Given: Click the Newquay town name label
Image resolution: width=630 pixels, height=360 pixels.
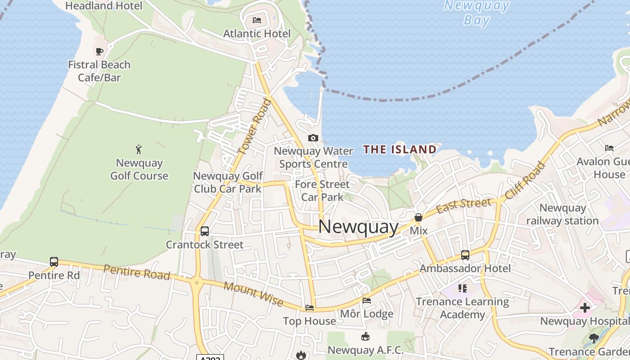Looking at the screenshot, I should [x=358, y=226].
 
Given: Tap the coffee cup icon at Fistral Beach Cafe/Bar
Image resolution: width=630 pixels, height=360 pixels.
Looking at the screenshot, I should [x=99, y=51].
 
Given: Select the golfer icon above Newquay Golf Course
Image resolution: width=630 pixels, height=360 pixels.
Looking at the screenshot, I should [x=139, y=149].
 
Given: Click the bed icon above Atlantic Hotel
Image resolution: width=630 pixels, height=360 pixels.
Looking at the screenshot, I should [x=257, y=20].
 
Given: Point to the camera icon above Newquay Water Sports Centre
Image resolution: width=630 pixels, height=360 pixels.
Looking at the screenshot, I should [x=313, y=138].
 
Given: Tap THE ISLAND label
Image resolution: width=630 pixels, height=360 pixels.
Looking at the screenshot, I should [x=400, y=149].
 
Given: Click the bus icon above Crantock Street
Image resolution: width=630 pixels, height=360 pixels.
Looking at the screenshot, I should [x=205, y=231].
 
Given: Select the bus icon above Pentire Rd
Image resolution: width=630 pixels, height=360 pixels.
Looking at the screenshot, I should [x=54, y=262].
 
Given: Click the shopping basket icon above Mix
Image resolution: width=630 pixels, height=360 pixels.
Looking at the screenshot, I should [x=418, y=217].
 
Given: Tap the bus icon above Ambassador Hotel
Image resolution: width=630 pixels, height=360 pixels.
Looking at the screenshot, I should [x=465, y=255].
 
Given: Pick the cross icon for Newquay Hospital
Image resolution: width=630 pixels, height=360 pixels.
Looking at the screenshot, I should [x=585, y=308].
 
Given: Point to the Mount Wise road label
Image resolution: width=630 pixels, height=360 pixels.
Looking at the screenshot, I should [x=253, y=294].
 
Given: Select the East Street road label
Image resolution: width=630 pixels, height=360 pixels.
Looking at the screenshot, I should [x=463, y=205].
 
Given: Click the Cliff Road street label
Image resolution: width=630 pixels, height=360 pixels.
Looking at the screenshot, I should [x=525, y=181].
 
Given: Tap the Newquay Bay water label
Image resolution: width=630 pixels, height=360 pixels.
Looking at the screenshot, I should [x=477, y=13].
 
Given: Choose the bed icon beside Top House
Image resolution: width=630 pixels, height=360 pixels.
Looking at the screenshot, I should [x=310, y=308].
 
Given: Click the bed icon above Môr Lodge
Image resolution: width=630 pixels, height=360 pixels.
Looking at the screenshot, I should [x=367, y=301].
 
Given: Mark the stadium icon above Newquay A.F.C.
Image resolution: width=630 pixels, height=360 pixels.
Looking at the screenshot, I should [x=365, y=337].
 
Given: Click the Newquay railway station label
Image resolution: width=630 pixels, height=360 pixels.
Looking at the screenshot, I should [x=562, y=214].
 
